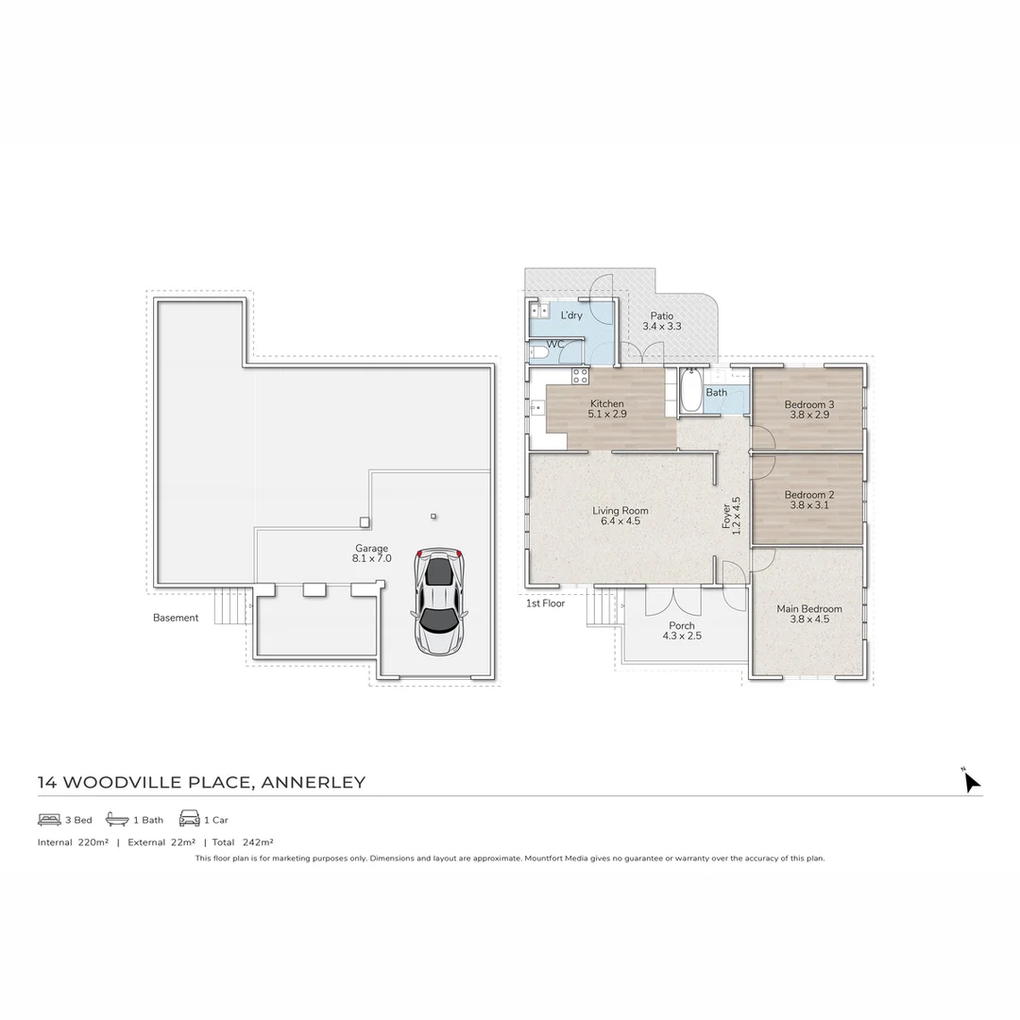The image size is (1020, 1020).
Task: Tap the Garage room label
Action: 371,549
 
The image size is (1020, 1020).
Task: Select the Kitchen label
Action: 606,403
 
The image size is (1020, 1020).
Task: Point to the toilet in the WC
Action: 538,353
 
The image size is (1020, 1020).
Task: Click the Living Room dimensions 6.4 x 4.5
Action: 620,521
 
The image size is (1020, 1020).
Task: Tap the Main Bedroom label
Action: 808,609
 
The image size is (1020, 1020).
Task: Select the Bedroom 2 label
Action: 808,495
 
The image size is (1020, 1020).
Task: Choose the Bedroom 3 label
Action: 808,405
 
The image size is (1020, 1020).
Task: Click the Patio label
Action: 661,315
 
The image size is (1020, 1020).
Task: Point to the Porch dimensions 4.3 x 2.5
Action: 681,637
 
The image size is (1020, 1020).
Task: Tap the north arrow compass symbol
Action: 970,781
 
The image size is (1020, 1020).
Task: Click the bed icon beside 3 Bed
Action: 49,819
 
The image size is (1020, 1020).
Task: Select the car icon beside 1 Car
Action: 189,819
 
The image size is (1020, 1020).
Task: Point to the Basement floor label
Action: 176,619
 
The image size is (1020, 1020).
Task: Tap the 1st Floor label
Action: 545,603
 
